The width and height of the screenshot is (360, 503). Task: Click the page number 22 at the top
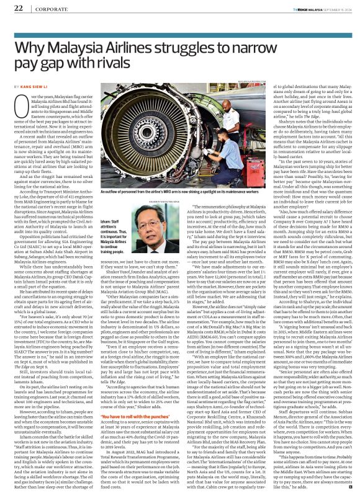(x=18, y=8)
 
